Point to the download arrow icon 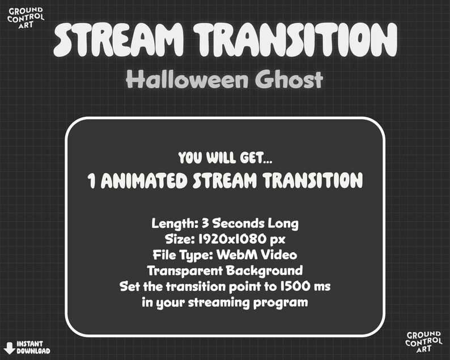pyautogui.click(x=9, y=347)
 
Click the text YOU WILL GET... pyautogui.click(x=224, y=158)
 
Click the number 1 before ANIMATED pyautogui.click(x=91, y=180)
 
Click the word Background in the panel pyautogui.click(x=268, y=270)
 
